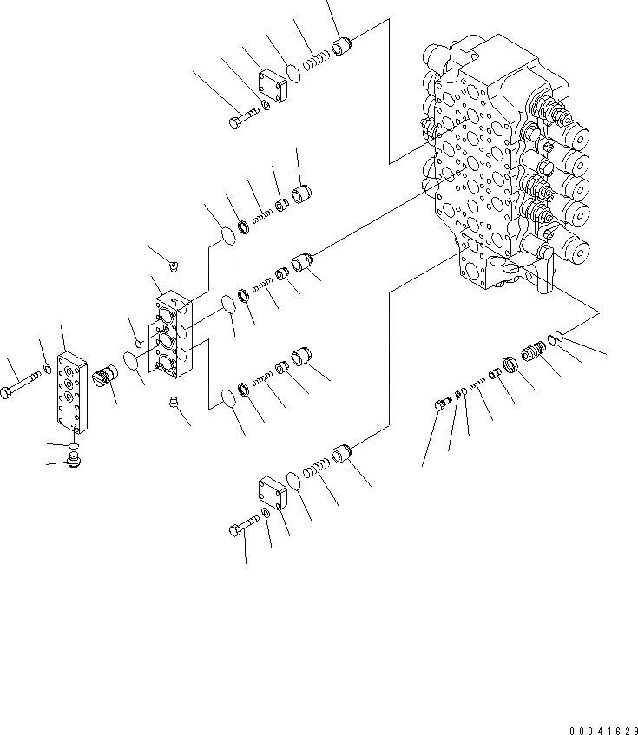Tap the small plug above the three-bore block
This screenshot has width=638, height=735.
pos(174,266)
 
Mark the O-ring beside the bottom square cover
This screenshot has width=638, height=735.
pos(295,480)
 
